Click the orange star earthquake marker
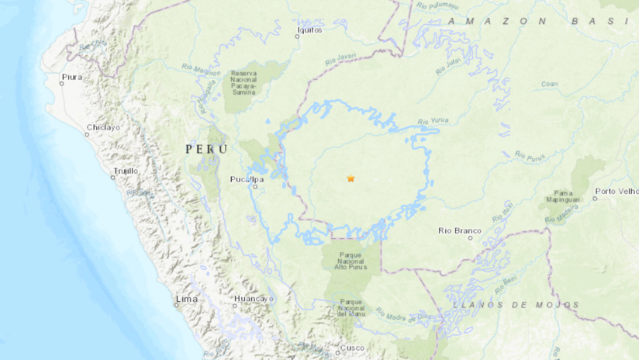tap(351, 178)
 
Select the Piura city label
tap(71, 77)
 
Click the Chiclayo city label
tap(102, 127)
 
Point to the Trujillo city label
tap(125, 171)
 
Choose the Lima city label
tap(187, 299)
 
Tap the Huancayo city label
tap(254, 299)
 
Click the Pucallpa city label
tap(247, 179)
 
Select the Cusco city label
tap(352, 348)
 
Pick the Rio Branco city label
tap(460, 230)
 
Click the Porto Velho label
tap(617, 191)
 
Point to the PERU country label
tap(206, 148)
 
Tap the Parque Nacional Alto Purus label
tap(353, 261)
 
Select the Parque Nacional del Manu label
tap(352, 308)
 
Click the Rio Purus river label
tap(529, 155)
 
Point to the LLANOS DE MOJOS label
tap(516, 306)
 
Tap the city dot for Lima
tap(177, 304)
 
